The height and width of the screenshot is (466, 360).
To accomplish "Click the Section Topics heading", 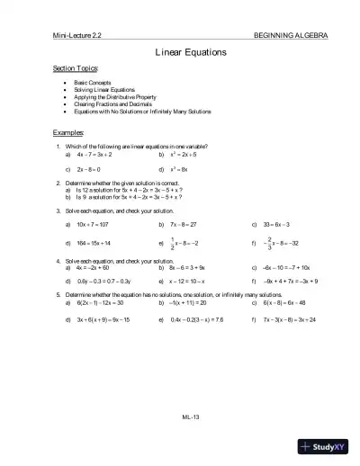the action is click(x=76, y=68).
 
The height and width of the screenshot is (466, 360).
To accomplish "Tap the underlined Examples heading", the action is click(x=69, y=132).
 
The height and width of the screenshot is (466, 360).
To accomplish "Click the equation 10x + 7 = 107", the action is click(x=94, y=224).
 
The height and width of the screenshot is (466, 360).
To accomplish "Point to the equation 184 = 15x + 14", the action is click(x=94, y=243).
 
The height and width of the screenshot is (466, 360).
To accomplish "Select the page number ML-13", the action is click(x=189, y=417).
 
